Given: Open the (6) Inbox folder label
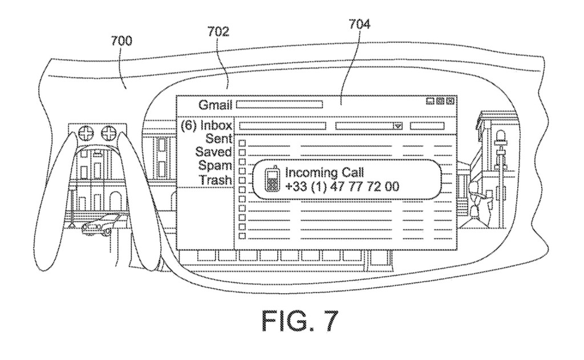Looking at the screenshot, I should pyautogui.click(x=206, y=126).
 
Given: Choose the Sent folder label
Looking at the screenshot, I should pyautogui.click(x=220, y=139).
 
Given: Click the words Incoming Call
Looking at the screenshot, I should pyautogui.click(x=324, y=172).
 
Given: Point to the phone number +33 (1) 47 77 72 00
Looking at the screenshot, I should pyautogui.click(x=342, y=186).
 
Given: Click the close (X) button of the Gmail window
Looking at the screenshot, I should pyautogui.click(x=450, y=102).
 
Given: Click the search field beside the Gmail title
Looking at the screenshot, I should pyautogui.click(x=279, y=104).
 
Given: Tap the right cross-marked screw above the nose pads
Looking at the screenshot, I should pyautogui.click(x=108, y=135).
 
